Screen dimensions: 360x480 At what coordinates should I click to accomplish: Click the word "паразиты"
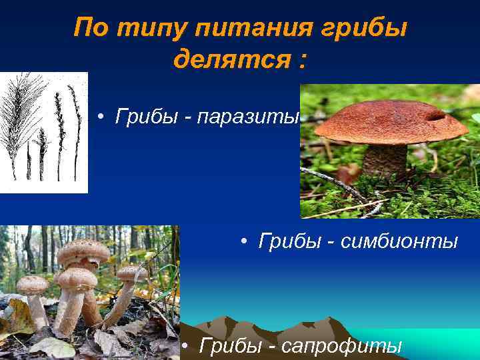[x=255, y=117]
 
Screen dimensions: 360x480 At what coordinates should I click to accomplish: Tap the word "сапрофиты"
[x=342, y=346]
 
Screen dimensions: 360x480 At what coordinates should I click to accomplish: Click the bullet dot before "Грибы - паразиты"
[x=99, y=117]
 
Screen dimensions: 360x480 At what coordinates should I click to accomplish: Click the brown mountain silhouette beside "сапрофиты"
[x=313, y=327]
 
